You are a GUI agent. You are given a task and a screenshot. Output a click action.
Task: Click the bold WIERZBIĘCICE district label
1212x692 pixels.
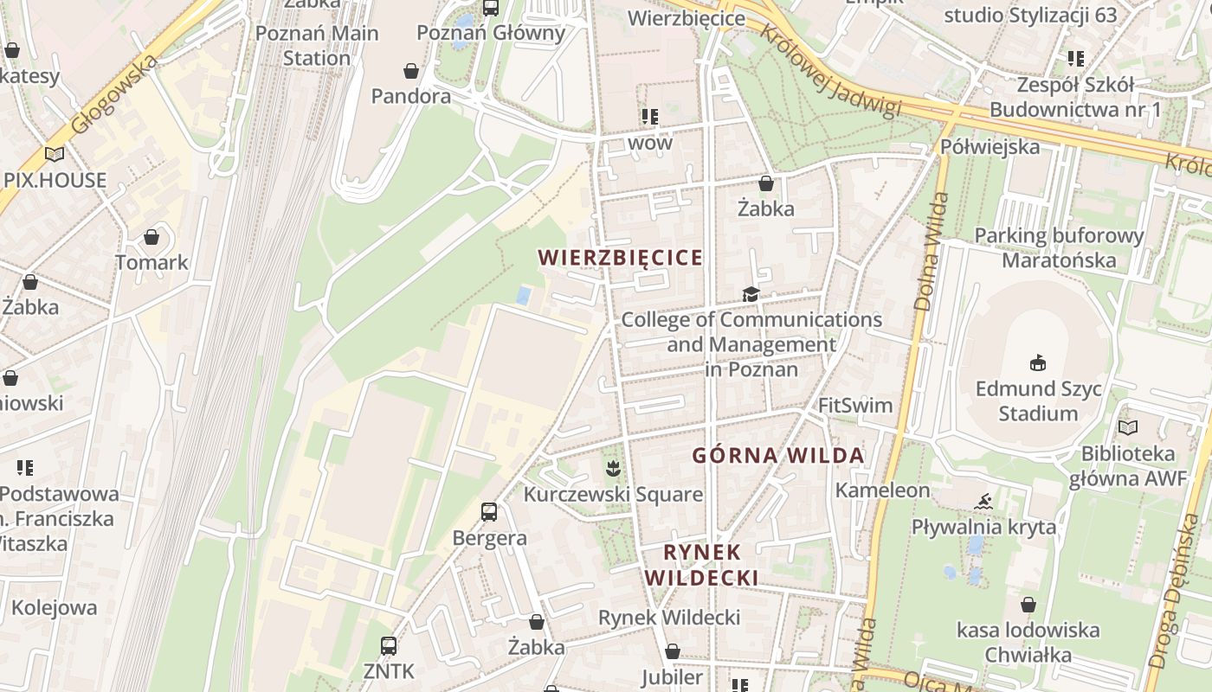click(620, 258)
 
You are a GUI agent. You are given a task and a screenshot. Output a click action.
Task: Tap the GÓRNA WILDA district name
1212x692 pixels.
click(778, 456)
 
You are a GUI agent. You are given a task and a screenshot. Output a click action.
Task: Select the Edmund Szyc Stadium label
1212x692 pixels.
click(1038, 400)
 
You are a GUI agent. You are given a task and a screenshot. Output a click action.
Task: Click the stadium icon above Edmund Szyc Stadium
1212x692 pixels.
click(1037, 362)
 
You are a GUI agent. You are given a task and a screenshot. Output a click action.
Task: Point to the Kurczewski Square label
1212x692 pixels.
click(613, 495)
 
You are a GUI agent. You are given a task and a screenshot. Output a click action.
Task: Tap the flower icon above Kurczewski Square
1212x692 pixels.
click(613, 469)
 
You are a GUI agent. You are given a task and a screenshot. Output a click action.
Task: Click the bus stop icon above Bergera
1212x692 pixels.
click(489, 512)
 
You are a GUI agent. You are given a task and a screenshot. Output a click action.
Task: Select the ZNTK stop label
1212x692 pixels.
click(389, 671)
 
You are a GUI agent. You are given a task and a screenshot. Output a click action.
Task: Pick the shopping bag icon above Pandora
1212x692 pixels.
click(411, 70)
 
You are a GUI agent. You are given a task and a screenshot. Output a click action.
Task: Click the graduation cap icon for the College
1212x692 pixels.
click(751, 295)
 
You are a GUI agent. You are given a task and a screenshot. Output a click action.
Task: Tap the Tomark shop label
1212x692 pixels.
click(151, 262)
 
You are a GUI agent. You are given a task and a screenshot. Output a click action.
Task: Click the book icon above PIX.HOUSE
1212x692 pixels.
click(55, 155)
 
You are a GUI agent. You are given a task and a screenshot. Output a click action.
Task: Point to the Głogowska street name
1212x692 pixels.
click(114, 94)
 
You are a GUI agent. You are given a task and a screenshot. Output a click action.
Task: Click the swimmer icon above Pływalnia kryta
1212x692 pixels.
click(983, 502)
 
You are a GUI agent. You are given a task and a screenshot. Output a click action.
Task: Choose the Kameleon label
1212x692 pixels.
click(882, 490)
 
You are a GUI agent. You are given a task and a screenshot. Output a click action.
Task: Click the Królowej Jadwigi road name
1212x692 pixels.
click(830, 70)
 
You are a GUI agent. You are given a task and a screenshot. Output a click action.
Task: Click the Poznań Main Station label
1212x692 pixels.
click(318, 46)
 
